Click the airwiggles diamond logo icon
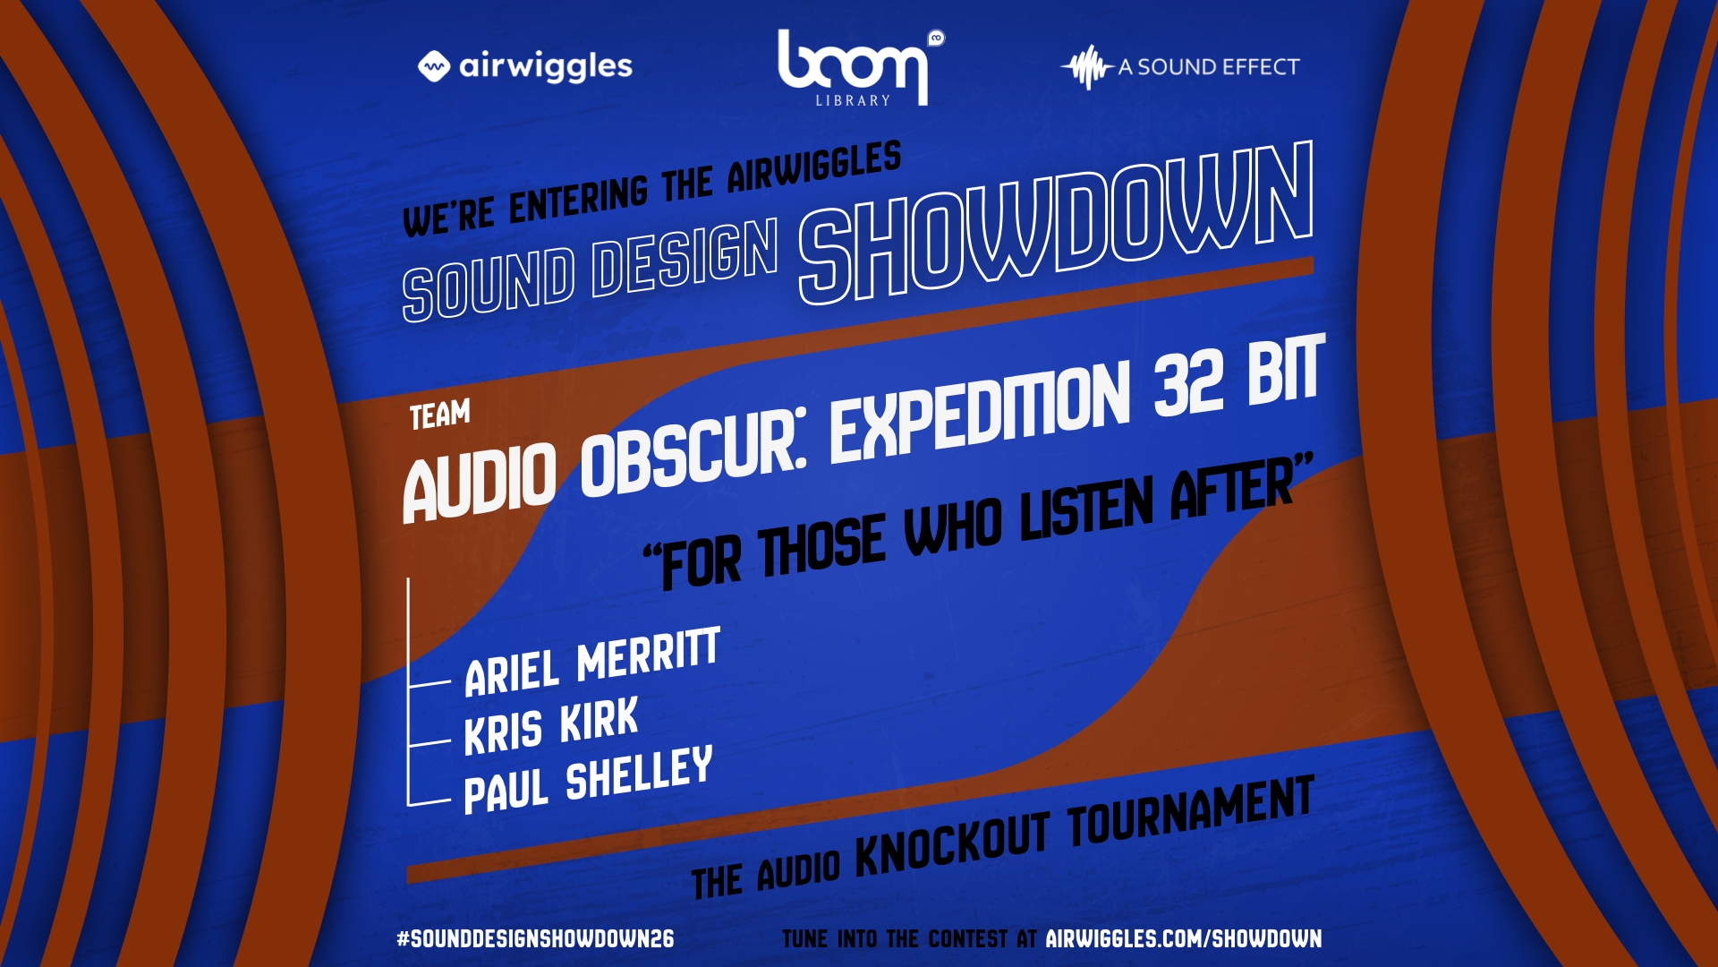coord(434,66)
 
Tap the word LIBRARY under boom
coord(853,100)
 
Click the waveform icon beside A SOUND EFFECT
coord(1086,67)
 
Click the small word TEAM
coord(440,415)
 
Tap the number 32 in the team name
coord(1189,383)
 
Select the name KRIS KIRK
coord(551,725)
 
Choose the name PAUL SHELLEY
coord(588,779)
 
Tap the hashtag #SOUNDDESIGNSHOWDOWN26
coord(535,938)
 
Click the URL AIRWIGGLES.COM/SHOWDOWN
coord(1184,938)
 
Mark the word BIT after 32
coord(1286,367)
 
